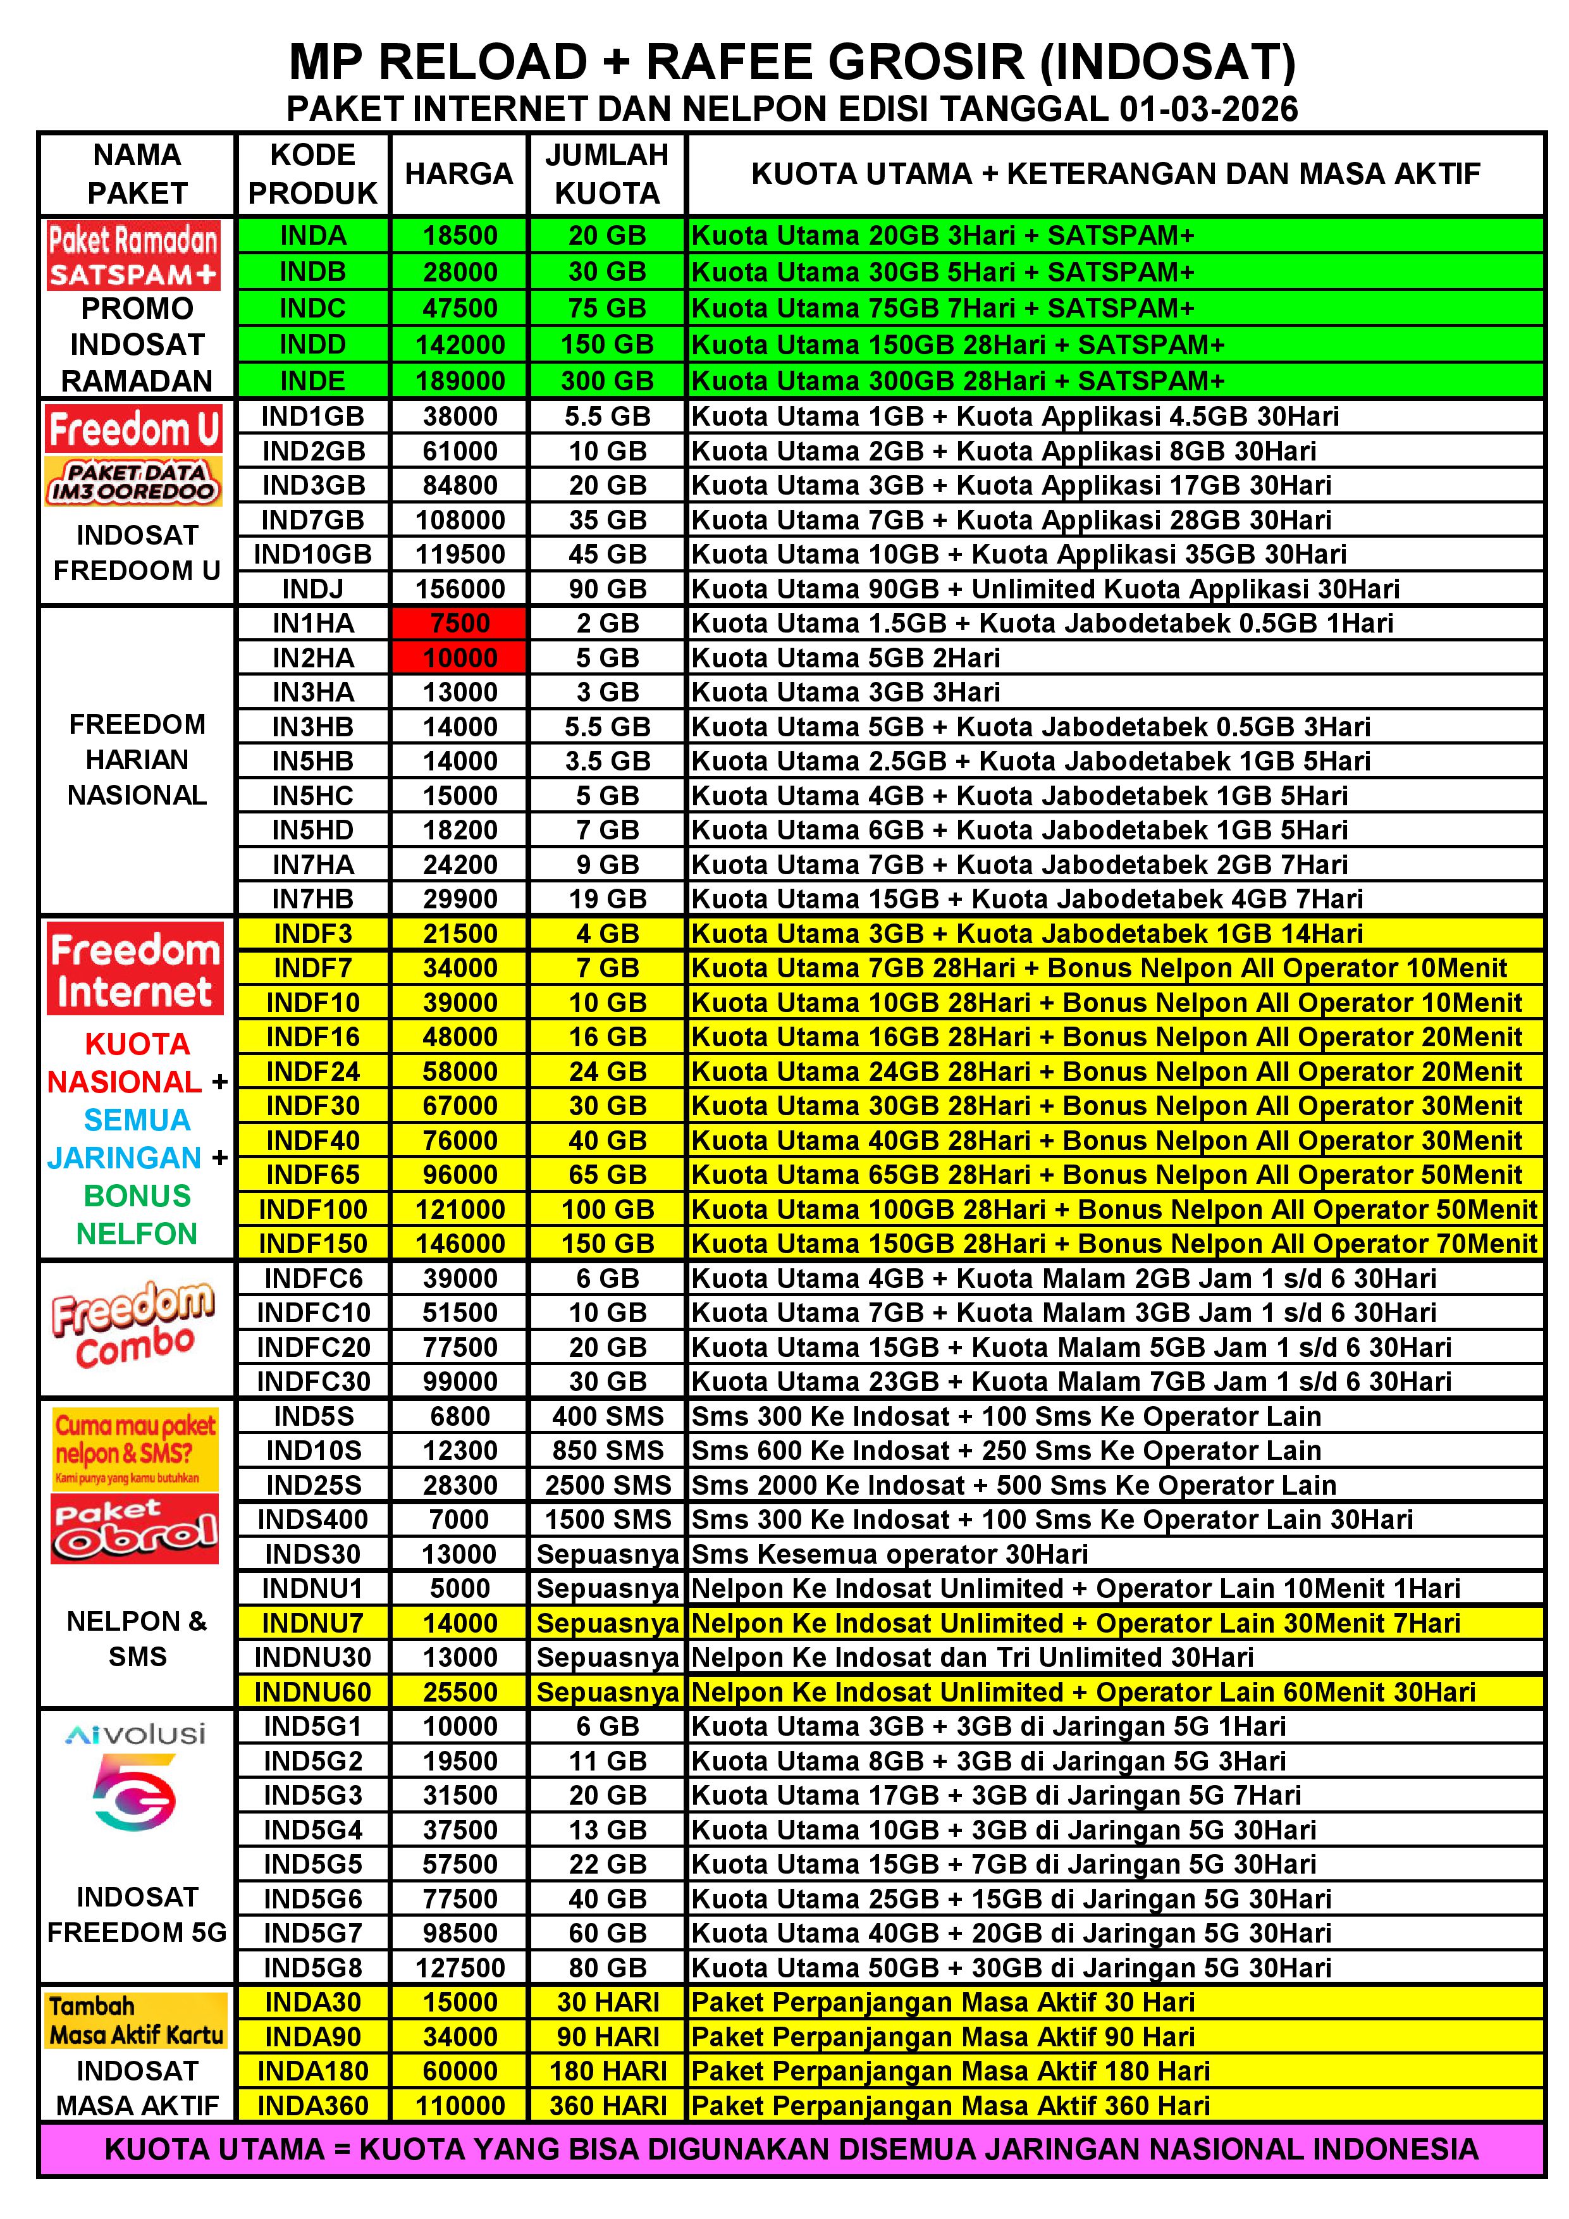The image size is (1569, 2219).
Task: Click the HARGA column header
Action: (x=459, y=174)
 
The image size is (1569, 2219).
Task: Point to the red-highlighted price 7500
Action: (x=460, y=623)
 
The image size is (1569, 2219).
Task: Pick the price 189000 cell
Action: (x=460, y=381)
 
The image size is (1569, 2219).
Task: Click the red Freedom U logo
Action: (x=134, y=429)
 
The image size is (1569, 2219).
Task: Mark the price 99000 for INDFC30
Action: (x=460, y=1381)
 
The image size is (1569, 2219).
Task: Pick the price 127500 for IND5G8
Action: (x=460, y=1968)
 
